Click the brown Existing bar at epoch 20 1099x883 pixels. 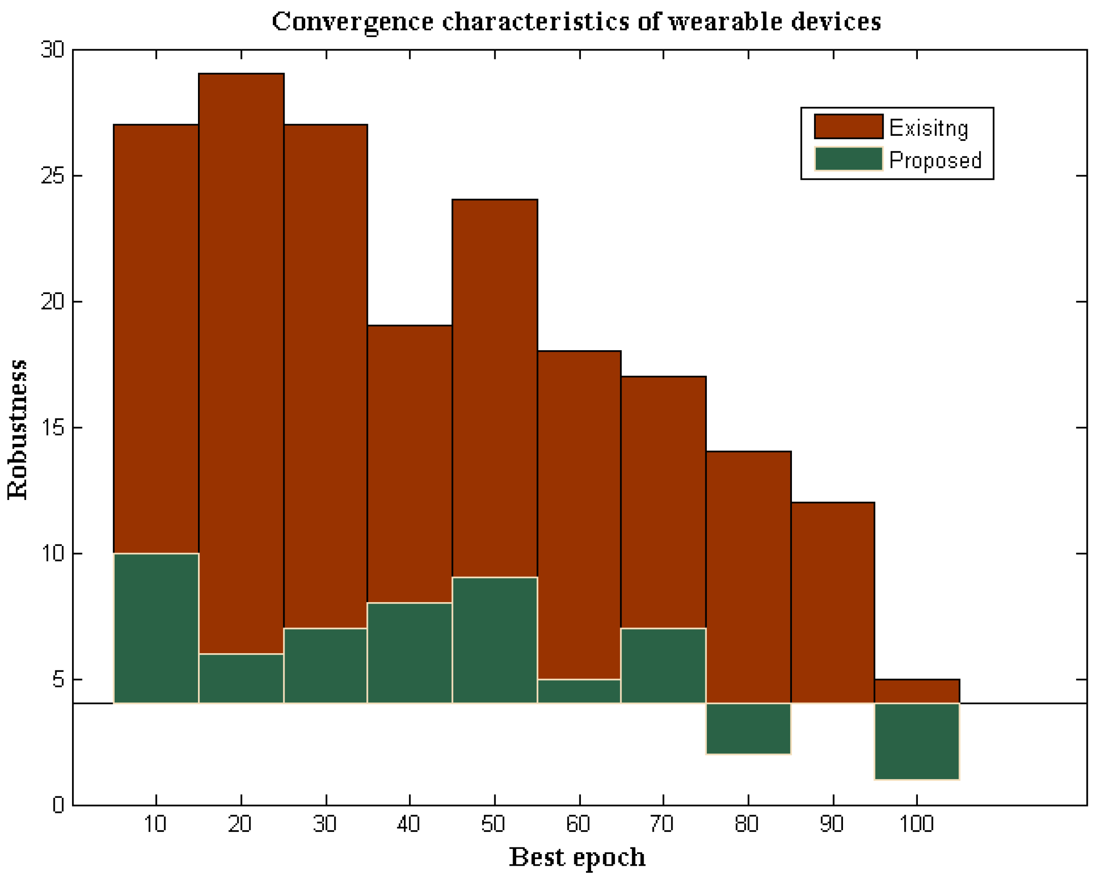(241, 357)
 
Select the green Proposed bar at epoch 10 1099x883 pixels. (156, 628)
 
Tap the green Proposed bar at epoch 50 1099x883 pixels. (494, 640)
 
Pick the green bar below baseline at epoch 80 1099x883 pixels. (748, 728)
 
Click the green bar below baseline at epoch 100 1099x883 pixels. (917, 741)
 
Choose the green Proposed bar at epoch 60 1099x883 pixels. (579, 692)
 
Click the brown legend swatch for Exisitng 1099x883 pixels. (848, 126)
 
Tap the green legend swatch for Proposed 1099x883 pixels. (848, 159)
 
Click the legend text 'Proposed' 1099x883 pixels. (935, 160)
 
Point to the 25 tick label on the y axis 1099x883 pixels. (53, 176)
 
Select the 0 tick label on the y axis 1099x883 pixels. (59, 805)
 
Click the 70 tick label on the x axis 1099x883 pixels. (662, 824)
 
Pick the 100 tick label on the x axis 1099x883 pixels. (916, 824)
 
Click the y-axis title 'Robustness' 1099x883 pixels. (18, 429)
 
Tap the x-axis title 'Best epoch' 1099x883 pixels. (577, 858)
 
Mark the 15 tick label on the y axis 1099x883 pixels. (53, 427)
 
